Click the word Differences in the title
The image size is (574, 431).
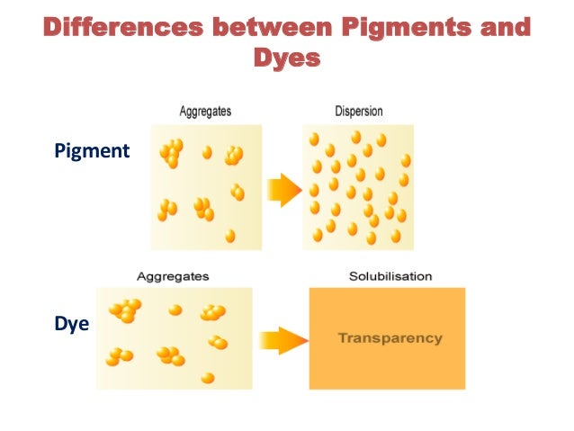pyautogui.click(x=121, y=27)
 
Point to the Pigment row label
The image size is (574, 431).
pyautogui.click(x=92, y=150)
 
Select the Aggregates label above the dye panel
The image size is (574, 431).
pyautogui.click(x=173, y=276)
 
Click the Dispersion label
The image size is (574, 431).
pyautogui.click(x=358, y=112)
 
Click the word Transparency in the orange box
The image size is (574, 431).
pyautogui.click(x=390, y=338)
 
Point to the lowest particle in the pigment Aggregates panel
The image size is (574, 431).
pyautogui.click(x=230, y=236)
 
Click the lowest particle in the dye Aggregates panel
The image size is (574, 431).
pyautogui.click(x=208, y=377)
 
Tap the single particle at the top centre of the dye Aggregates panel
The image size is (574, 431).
pyautogui.click(x=175, y=310)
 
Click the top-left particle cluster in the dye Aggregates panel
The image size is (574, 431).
pyautogui.click(x=124, y=310)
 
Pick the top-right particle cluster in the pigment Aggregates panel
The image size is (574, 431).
pyautogui.click(x=234, y=155)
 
